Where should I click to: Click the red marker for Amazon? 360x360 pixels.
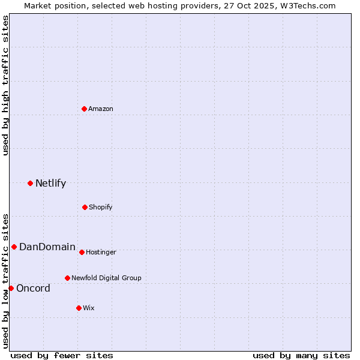[85, 109]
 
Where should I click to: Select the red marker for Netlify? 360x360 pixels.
[30, 183]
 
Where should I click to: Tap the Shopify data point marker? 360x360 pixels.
[85, 207]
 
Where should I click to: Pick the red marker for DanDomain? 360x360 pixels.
[14, 247]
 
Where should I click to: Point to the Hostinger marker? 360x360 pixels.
[82, 252]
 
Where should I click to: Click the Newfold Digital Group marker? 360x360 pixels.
[67, 278]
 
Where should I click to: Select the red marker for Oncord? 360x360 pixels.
[11, 288]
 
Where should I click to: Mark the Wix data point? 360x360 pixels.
[79, 308]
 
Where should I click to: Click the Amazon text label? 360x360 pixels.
[101, 109]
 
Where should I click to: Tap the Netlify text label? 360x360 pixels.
[50, 184]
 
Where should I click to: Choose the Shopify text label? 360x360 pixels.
[101, 207]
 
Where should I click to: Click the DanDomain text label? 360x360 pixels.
[47, 247]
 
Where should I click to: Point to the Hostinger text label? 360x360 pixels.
[101, 252]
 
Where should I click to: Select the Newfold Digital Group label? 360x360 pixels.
[106, 278]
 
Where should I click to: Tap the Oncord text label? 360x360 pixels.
[33, 288]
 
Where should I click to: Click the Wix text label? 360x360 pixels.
[89, 308]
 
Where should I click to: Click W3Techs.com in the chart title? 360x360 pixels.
[307, 5]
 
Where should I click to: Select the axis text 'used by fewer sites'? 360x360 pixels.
[62, 355]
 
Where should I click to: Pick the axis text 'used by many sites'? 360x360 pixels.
[301, 355]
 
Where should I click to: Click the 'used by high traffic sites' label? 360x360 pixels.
[5, 85]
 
